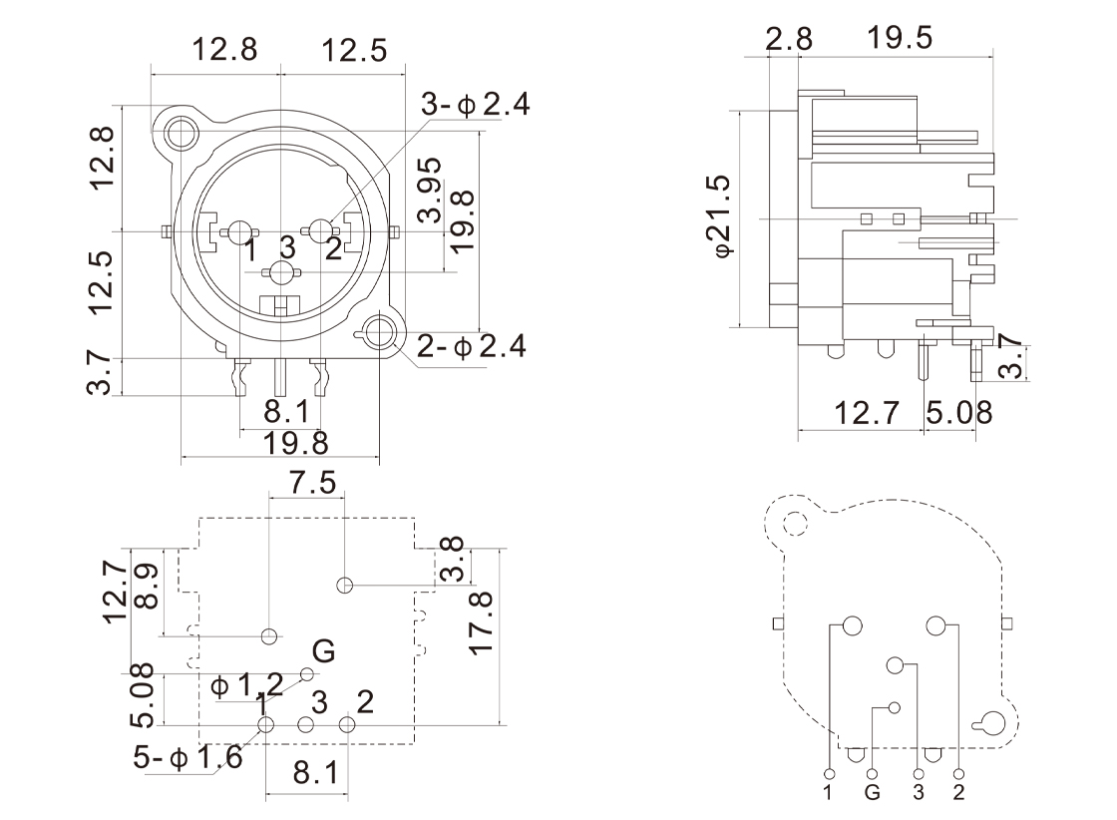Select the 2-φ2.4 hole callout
472,347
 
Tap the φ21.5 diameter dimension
717,215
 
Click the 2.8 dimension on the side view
789,39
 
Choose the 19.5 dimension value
900,38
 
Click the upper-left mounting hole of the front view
183,132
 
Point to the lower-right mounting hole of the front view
380,333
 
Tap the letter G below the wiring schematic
873,794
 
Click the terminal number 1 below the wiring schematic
829,794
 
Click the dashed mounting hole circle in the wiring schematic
795,523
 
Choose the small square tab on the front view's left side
163,232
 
